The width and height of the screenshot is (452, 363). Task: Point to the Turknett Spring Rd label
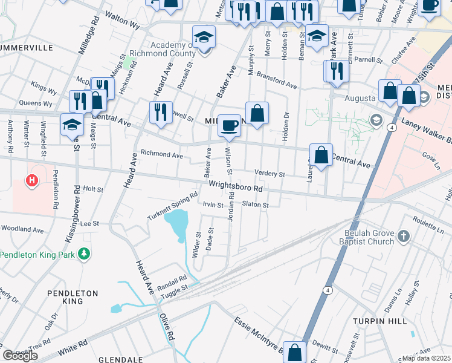(x=173, y=206)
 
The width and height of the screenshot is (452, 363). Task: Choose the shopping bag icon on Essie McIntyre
(x=295, y=352)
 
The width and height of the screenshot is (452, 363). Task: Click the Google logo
(x=20, y=355)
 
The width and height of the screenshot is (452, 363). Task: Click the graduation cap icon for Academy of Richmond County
(x=204, y=38)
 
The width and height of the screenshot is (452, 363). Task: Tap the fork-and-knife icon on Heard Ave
(x=160, y=112)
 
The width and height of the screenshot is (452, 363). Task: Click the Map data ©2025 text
(x=426, y=358)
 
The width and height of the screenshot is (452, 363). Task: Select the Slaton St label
(x=254, y=204)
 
